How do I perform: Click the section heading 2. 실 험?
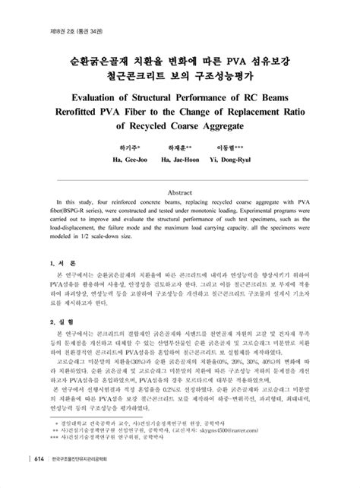point(56,322)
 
